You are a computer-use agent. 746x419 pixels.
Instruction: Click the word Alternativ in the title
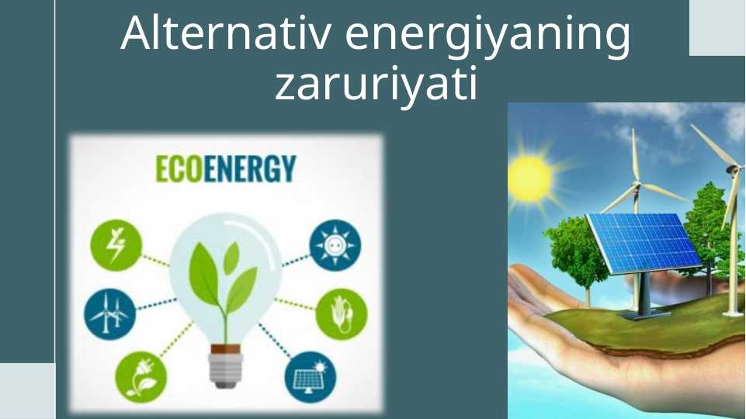[226, 34]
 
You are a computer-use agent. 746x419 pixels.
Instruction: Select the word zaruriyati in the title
[375, 85]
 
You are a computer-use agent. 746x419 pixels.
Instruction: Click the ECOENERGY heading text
[226, 168]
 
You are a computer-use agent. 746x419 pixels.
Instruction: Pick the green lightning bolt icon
[114, 244]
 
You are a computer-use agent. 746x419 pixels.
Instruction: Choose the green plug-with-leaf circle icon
[141, 376]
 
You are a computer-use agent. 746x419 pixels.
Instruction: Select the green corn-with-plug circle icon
[342, 314]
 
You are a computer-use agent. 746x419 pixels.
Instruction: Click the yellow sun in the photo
[530, 178]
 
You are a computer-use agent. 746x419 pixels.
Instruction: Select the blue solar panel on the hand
[643, 241]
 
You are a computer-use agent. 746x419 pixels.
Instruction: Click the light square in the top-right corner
[717, 27]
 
